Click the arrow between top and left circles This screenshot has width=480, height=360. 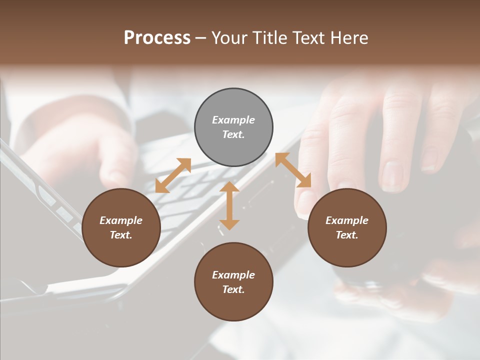click(173, 175)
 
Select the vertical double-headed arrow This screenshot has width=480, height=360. click(229, 205)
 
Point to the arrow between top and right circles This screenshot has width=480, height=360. click(293, 170)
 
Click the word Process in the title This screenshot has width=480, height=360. click(157, 37)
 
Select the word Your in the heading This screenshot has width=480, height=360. click(230, 37)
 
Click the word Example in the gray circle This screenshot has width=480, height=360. click(233, 120)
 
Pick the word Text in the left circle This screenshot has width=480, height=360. click(121, 235)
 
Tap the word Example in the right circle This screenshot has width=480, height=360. click(347, 220)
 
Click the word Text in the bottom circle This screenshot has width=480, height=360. click(233, 289)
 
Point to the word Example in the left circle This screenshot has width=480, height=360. click(121, 220)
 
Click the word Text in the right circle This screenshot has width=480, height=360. click(347, 235)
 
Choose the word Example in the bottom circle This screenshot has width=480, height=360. click(233, 275)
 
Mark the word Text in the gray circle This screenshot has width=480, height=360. click(233, 134)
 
